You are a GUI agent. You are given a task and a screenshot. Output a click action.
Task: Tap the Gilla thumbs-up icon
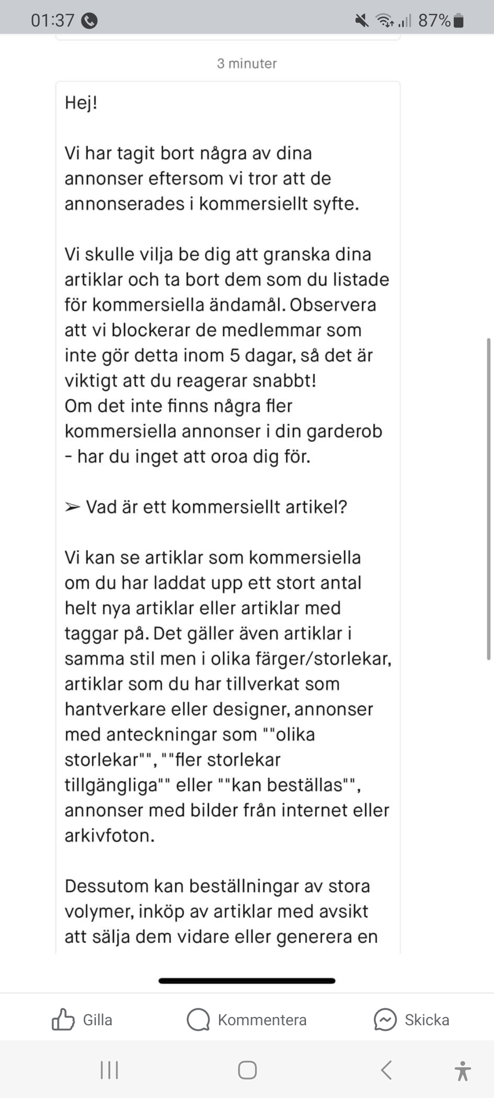(63, 1020)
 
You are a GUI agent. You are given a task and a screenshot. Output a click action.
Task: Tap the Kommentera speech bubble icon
(198, 1020)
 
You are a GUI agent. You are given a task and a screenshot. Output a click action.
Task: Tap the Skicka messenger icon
(385, 1020)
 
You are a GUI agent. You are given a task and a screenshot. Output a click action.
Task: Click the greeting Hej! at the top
(81, 102)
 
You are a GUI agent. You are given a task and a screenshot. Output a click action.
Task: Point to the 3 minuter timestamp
(247, 63)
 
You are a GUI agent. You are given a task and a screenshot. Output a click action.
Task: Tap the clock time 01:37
(52, 21)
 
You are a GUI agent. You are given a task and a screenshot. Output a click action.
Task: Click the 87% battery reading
(434, 21)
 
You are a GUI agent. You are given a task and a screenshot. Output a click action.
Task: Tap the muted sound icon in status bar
(362, 21)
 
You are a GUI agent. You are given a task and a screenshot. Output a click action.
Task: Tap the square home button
(247, 1070)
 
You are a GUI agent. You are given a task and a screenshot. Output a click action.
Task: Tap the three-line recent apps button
(109, 1070)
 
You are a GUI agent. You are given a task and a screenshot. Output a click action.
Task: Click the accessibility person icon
(462, 1070)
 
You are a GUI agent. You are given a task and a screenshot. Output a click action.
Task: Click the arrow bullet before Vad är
(72, 507)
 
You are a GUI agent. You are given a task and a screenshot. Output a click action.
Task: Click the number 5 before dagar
(235, 355)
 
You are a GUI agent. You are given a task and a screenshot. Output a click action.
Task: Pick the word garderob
(344, 431)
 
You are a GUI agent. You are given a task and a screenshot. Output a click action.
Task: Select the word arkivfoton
(109, 835)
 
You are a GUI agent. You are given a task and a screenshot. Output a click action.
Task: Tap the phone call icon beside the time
(89, 21)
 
